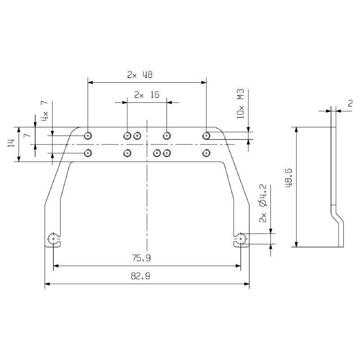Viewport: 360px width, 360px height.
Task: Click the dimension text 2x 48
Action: point(139,75)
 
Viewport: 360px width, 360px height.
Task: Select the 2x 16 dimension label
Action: point(147,95)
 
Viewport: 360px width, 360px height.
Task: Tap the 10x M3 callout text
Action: point(241,104)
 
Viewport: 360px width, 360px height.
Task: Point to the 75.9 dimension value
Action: point(141,258)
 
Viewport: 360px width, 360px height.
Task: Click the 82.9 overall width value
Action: point(140,276)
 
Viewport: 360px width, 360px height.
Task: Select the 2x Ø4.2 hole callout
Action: point(263,203)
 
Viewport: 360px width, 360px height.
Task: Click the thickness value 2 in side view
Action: point(350,103)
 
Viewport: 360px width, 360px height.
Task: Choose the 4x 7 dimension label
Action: point(45,111)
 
